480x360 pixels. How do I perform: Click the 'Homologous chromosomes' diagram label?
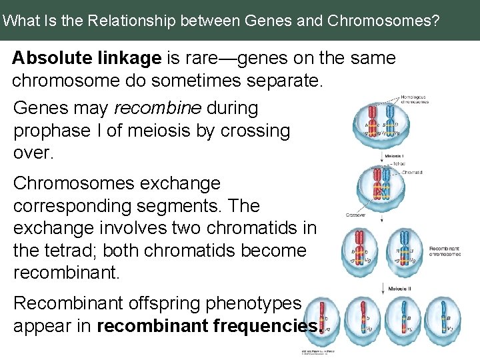(x=415, y=99)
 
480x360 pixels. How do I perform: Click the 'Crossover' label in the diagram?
(x=355, y=215)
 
